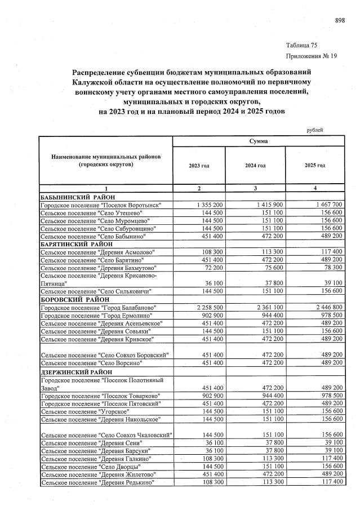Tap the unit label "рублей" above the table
(x=314, y=130)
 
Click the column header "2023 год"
(x=198, y=166)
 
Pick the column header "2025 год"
(x=314, y=166)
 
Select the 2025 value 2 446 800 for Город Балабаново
(x=321, y=307)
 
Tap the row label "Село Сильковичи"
(x=96, y=291)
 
